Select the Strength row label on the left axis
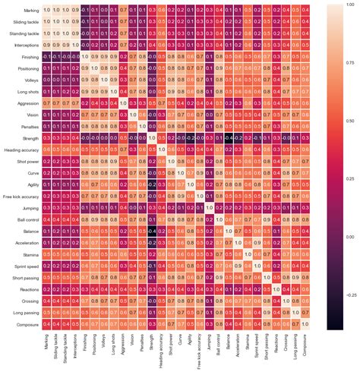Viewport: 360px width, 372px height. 30,137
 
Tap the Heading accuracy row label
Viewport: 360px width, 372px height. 23,149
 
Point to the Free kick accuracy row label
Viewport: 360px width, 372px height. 22,196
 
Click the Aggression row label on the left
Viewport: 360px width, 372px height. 28,102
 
